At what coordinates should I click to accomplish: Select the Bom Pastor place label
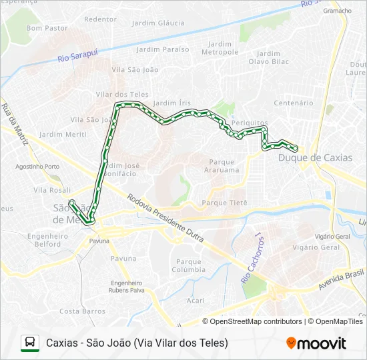(x=47, y=28)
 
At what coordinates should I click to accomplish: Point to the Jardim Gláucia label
(x=158, y=23)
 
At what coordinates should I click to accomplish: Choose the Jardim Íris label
(x=172, y=103)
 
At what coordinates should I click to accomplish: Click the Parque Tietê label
(x=224, y=203)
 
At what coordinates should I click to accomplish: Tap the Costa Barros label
(x=83, y=311)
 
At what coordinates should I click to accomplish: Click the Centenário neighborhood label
(x=294, y=103)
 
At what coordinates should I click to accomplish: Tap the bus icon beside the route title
(x=30, y=343)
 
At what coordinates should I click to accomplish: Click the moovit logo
(x=316, y=343)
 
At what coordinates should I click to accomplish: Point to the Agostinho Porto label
(x=37, y=166)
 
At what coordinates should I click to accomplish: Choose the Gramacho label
(x=337, y=11)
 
